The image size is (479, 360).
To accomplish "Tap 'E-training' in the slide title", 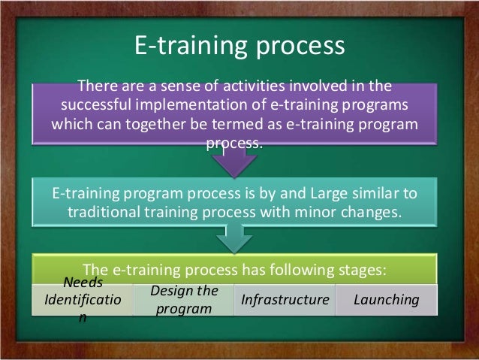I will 186,47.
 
